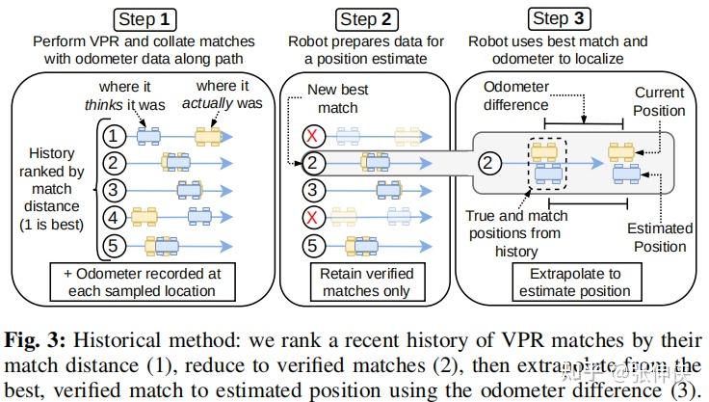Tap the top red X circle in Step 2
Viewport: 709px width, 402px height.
click(x=313, y=136)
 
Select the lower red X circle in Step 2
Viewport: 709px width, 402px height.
click(x=313, y=218)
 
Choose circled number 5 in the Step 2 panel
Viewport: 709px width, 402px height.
click(x=313, y=246)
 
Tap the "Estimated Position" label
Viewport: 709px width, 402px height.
click(x=660, y=237)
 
